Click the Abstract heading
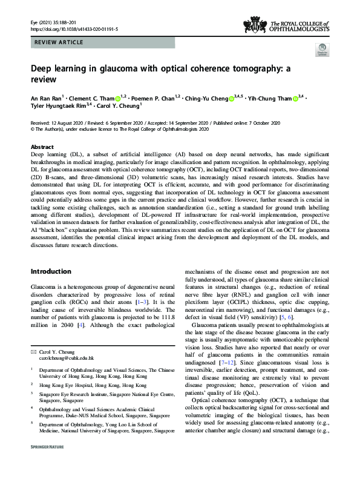[x=42, y=147]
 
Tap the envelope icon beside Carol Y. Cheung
[x=33, y=351]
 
